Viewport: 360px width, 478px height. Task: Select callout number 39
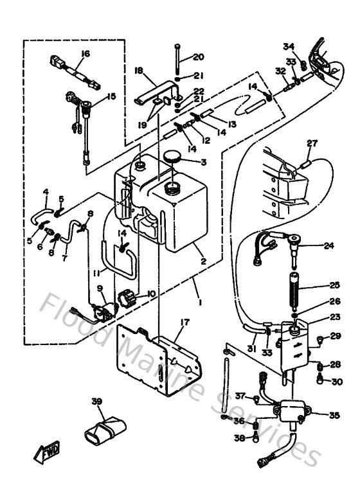(97, 402)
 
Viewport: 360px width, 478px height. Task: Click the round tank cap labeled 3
(172, 157)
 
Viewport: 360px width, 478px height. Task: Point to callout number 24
(329, 245)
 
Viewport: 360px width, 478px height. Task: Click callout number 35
(334, 416)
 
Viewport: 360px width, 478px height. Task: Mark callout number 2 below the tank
(203, 262)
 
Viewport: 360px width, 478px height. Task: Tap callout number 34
(289, 46)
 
